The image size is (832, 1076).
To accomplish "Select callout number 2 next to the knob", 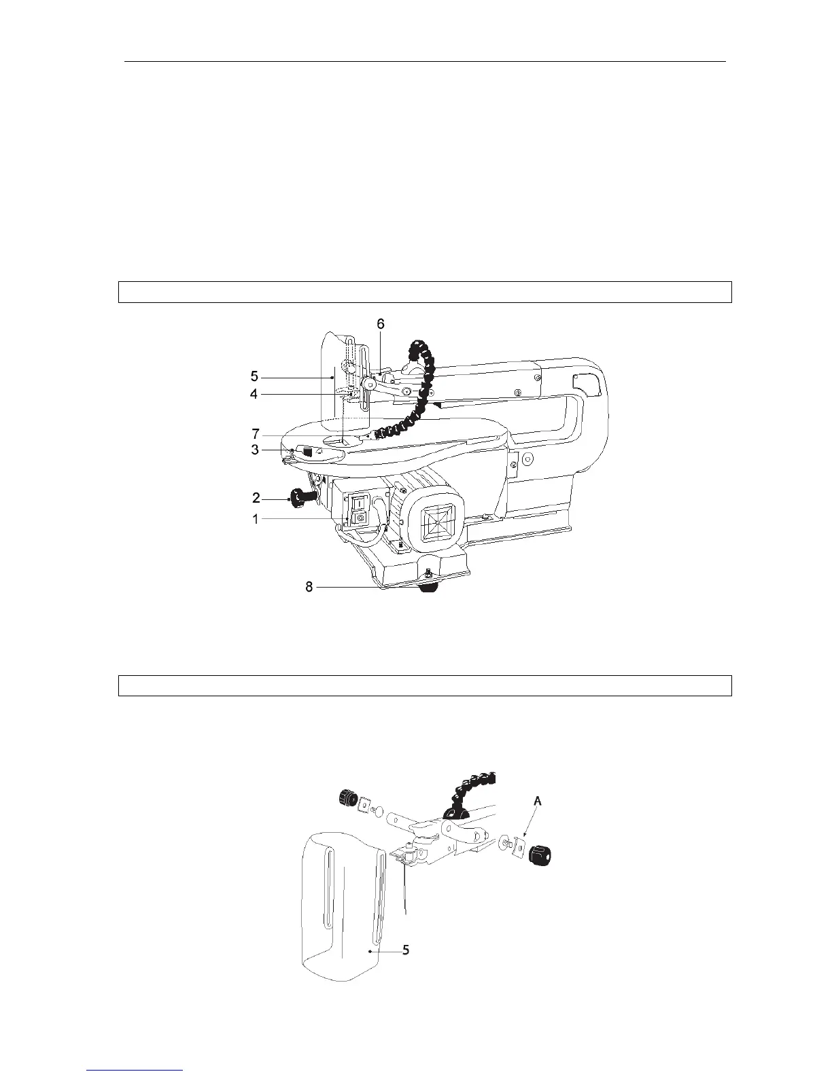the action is (x=256, y=499).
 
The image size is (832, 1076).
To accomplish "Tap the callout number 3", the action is (x=254, y=449).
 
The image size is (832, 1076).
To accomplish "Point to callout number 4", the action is (x=254, y=393).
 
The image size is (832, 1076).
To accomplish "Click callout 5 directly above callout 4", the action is (x=254, y=376).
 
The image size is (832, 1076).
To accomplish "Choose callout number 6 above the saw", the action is (x=381, y=325).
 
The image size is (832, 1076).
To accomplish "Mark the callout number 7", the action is (x=254, y=433).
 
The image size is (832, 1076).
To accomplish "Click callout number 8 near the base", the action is (x=309, y=587).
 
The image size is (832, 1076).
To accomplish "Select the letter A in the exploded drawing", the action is (x=538, y=802).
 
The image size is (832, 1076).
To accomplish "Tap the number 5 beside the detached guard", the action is (x=405, y=950).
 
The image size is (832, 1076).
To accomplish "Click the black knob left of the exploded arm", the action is (x=349, y=797).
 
